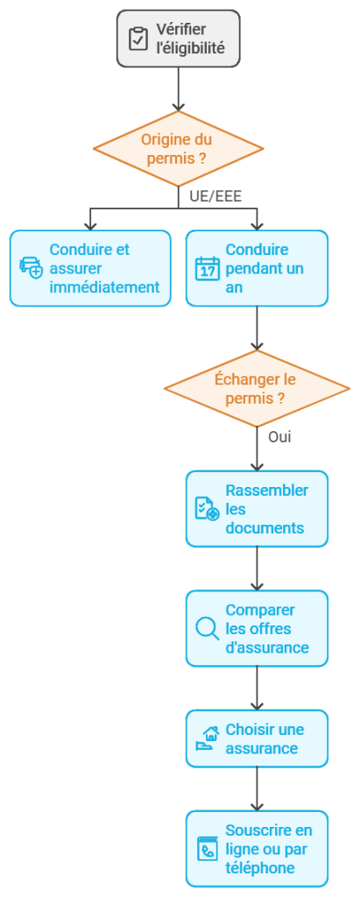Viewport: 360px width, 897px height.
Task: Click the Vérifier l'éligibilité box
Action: click(x=178, y=39)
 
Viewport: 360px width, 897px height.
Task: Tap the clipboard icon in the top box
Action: click(x=138, y=39)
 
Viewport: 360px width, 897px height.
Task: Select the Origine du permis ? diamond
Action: click(x=178, y=148)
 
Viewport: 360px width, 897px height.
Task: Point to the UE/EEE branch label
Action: click(x=215, y=195)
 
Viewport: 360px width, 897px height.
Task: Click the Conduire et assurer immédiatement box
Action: click(x=90, y=268)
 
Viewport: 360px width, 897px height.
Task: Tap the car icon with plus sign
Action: click(x=31, y=268)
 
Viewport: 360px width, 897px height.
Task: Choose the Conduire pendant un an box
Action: click(x=257, y=268)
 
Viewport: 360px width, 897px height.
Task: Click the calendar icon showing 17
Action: click(x=207, y=268)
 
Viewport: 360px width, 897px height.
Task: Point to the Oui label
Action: click(x=279, y=436)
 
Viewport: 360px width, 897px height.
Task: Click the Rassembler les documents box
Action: click(x=257, y=509)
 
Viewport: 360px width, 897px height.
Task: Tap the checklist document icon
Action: click(x=207, y=509)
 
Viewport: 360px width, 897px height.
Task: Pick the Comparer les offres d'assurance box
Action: click(x=257, y=628)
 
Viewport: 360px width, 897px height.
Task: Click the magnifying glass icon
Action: click(x=207, y=628)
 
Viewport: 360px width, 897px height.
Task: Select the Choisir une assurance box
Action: click(x=257, y=738)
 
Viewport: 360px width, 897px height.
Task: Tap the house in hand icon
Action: click(x=207, y=738)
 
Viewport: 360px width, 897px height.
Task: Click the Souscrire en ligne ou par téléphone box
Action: click(x=257, y=849)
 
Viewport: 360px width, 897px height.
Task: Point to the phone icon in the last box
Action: click(x=207, y=849)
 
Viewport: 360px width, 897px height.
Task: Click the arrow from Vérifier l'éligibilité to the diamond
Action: click(x=178, y=88)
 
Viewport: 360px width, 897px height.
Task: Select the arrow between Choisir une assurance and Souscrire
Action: click(x=257, y=788)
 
